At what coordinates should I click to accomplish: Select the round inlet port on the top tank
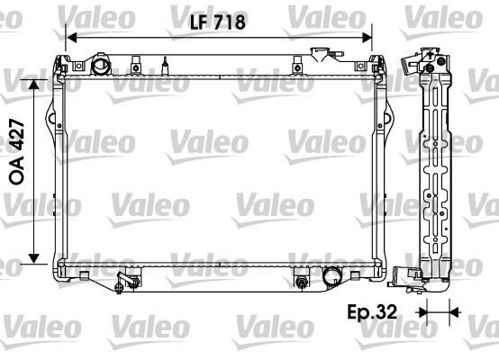(99, 67)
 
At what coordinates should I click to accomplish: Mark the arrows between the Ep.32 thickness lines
(438, 312)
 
